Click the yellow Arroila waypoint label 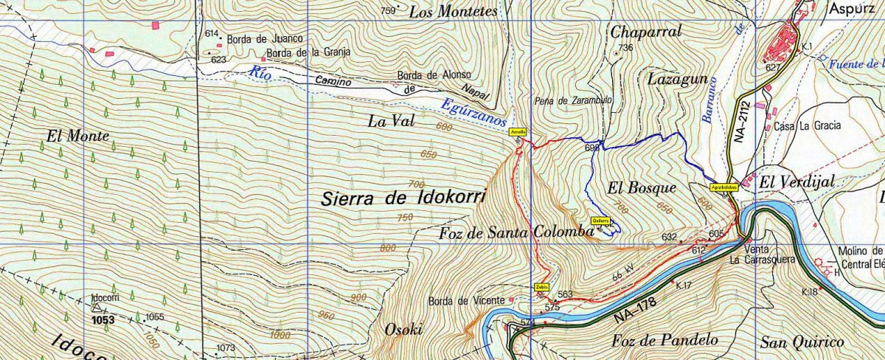coord(518,131)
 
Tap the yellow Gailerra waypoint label coord(601,220)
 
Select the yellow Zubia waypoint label coord(541,287)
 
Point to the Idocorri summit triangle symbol coord(95,309)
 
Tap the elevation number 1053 coord(103,321)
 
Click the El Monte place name coord(77,136)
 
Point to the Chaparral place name coord(645,31)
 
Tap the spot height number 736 coord(626,48)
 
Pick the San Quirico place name coord(802,342)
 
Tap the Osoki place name coord(403,330)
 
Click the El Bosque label coord(632,187)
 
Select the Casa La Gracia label coord(808,126)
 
